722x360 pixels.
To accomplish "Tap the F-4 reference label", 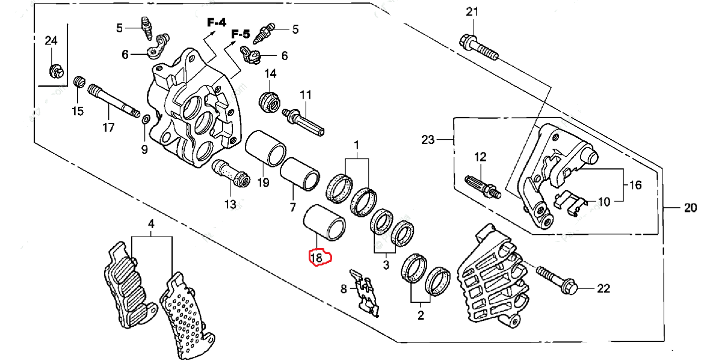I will click(x=217, y=23).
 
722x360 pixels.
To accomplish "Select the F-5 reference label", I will click(x=241, y=33).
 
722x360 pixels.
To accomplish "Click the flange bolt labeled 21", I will click(x=479, y=48).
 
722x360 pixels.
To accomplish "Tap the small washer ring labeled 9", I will click(x=144, y=122).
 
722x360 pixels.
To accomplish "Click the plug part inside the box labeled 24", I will click(x=55, y=72).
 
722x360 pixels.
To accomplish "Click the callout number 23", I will click(x=428, y=140).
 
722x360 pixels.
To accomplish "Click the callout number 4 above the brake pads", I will click(x=151, y=224).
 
